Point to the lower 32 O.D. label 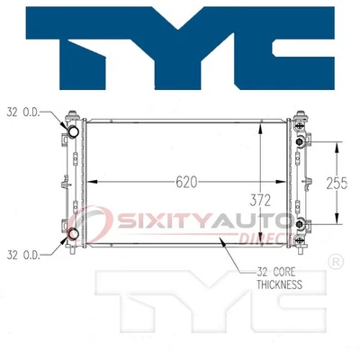[x=24, y=255]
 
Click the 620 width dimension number [x=186, y=181]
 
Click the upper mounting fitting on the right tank [x=302, y=139]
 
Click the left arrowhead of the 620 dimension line [x=98, y=182]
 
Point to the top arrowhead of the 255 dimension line [x=338, y=143]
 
